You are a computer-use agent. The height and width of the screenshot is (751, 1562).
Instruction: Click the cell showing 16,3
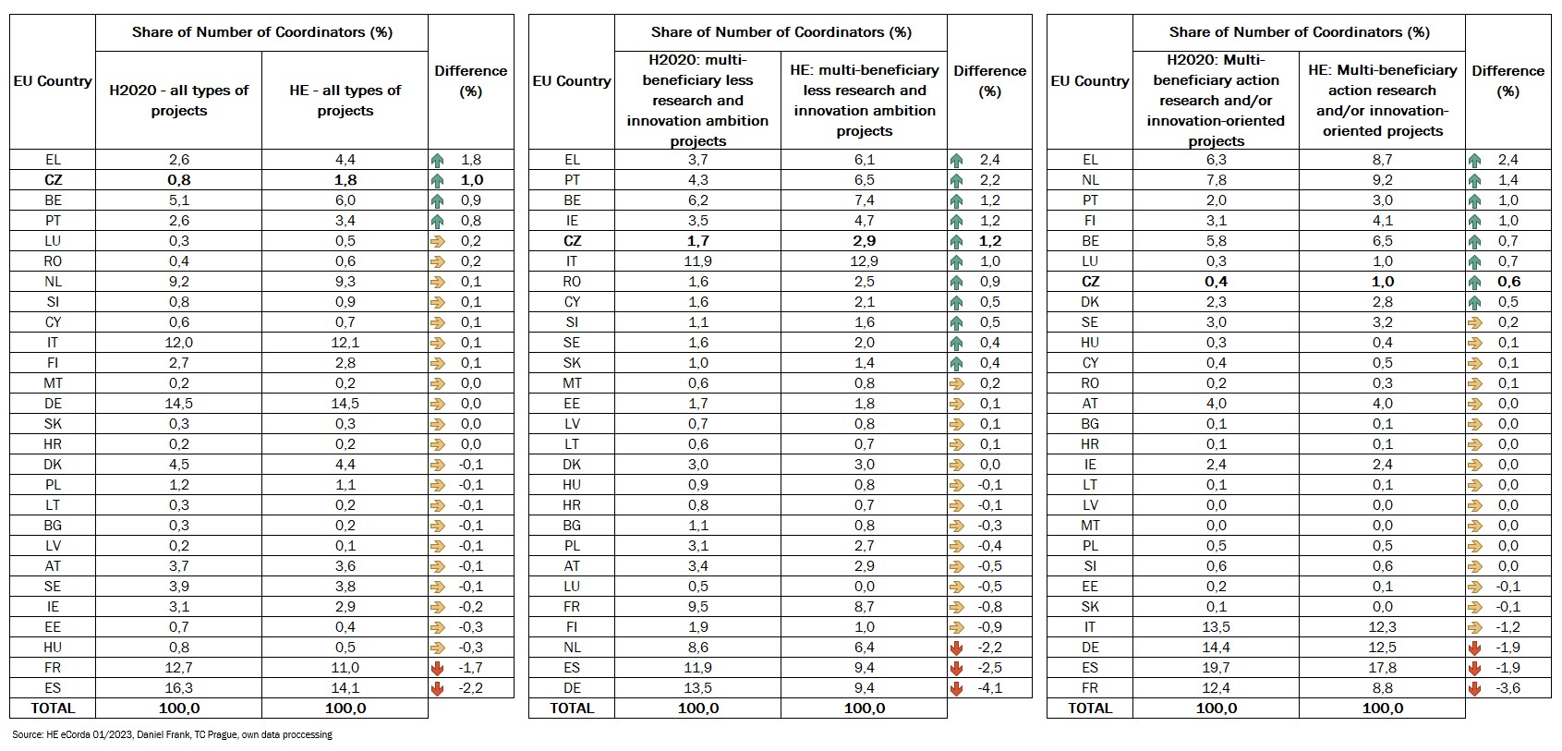coord(179,688)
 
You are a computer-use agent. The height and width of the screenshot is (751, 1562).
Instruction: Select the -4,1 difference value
coord(990,688)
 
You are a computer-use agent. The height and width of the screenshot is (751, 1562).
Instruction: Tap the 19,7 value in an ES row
coord(1216,668)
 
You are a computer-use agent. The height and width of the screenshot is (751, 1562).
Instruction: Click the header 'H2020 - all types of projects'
coord(179,100)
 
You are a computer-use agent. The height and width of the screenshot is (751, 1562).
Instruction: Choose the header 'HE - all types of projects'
coord(345,100)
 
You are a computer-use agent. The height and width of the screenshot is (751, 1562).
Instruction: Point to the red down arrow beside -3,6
coord(1474,688)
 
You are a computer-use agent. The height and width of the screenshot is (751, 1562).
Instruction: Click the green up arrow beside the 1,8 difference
coord(438,160)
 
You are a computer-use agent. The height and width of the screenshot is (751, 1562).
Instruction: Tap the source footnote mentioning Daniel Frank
coord(172,735)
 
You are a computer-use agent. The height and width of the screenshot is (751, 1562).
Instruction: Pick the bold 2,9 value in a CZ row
coord(864,241)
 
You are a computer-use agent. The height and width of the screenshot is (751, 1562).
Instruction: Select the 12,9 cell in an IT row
coord(864,261)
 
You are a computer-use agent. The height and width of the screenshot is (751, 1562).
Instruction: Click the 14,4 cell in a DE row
coord(1216,648)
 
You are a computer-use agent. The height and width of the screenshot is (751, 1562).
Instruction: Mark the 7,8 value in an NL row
coord(1216,180)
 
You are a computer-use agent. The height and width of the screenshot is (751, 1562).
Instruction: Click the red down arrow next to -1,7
coord(438,668)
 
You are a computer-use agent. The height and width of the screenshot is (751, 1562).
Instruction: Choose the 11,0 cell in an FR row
coord(345,668)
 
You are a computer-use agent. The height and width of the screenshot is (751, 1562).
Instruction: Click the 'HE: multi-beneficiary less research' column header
coord(864,100)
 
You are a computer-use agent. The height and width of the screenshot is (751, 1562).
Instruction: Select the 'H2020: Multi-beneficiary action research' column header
coord(1216,100)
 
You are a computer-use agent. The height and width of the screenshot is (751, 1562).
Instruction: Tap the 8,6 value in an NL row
coord(697,648)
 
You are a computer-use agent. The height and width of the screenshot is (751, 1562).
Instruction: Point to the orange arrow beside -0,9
coord(957,627)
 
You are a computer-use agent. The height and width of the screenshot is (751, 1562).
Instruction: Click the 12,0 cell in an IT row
coord(179,343)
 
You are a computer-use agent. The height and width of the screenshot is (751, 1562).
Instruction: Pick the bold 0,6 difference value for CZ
coord(1508,282)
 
